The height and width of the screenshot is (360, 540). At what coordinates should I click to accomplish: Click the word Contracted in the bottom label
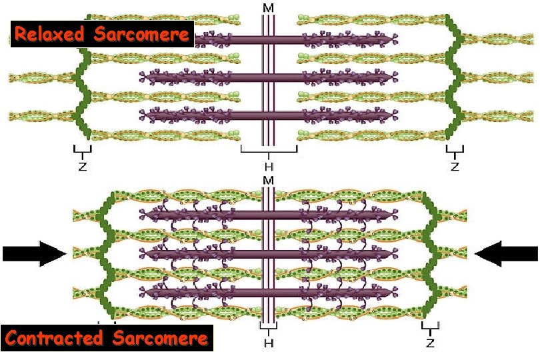tap(55, 338)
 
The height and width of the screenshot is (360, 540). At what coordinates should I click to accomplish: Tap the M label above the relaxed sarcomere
tap(268, 7)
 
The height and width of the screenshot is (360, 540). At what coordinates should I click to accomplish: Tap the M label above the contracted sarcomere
tap(268, 181)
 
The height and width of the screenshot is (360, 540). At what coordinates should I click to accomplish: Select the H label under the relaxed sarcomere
tap(269, 165)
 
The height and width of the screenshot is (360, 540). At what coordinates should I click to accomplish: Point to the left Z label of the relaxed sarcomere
tap(82, 167)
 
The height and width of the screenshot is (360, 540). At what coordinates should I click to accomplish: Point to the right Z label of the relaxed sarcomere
tap(455, 167)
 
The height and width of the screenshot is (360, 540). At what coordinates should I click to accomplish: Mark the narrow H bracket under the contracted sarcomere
tap(268, 329)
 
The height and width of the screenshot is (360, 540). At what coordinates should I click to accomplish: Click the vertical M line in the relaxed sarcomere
tap(268, 80)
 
